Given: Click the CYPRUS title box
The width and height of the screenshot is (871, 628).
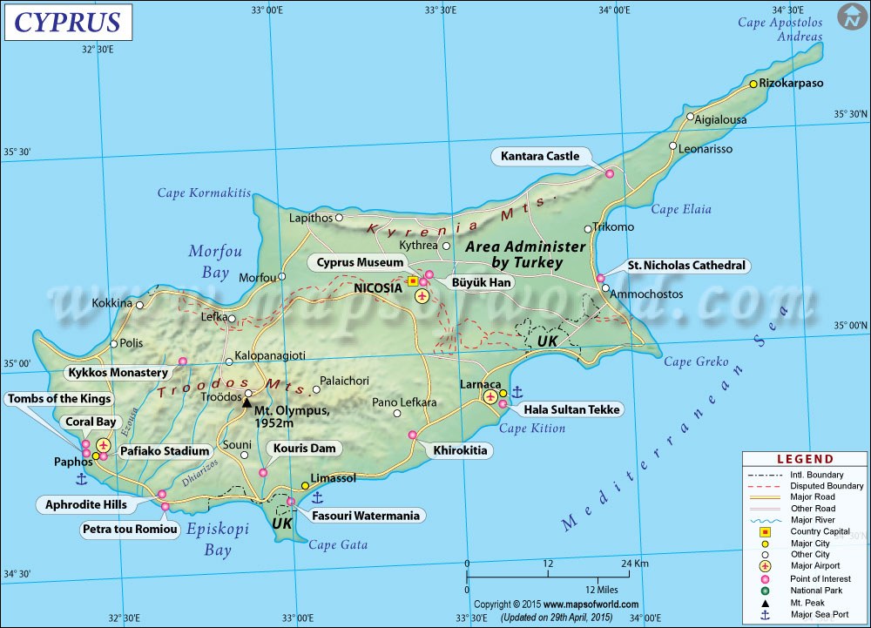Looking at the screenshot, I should click(x=69, y=22).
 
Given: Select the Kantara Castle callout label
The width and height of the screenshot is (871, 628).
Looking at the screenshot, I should click(x=540, y=157).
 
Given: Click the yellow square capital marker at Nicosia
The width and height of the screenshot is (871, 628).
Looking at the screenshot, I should click(x=412, y=281).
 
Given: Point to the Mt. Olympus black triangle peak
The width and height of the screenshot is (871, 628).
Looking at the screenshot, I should click(x=246, y=402).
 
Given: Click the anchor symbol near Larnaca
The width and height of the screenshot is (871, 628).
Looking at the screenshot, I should click(x=516, y=392).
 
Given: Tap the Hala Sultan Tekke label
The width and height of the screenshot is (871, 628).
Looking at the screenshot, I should click(x=571, y=409).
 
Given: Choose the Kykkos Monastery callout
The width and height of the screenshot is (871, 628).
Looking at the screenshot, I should click(x=118, y=373).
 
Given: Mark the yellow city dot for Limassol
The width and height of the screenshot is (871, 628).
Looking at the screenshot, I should click(x=305, y=485).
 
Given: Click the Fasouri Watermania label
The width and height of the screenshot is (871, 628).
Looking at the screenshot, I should click(x=366, y=516).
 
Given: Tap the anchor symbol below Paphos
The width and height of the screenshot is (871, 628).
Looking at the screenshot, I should click(x=82, y=478).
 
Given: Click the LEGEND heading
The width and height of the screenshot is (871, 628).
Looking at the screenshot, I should click(x=805, y=459).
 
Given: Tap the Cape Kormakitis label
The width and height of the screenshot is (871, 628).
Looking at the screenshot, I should click(x=204, y=192).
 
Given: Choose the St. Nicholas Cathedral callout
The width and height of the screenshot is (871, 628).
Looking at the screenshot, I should click(x=686, y=266).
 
